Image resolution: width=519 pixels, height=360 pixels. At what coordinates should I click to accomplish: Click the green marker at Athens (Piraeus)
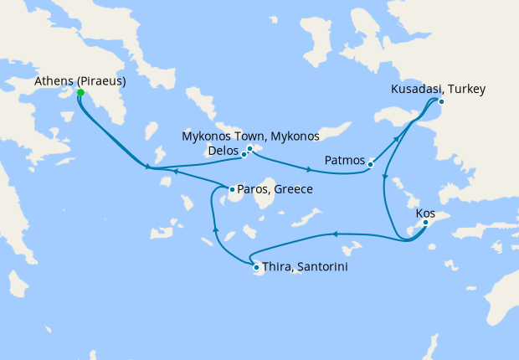point(80,93)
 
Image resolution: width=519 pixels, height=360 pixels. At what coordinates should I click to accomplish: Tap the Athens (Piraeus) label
point(81,81)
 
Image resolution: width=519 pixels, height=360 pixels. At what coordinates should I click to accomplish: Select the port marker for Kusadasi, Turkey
point(441,102)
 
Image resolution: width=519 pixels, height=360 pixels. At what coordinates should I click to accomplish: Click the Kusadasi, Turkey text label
point(439,90)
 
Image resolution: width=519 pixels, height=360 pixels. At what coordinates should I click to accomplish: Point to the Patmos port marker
point(369,165)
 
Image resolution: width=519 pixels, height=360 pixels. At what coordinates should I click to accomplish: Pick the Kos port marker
point(425,223)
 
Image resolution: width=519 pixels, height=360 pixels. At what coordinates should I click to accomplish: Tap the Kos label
point(425,213)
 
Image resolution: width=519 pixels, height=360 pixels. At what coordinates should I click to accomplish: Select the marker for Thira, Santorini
point(256,267)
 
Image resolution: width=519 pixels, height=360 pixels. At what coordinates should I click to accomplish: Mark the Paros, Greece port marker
point(232,189)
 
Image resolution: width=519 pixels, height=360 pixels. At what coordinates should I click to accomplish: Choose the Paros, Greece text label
point(275,189)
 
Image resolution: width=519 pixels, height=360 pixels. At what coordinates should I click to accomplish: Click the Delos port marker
point(244,155)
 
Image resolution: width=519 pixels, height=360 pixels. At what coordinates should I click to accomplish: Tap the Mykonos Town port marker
point(250,148)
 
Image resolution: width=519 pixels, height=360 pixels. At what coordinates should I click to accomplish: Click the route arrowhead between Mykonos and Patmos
point(309,170)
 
